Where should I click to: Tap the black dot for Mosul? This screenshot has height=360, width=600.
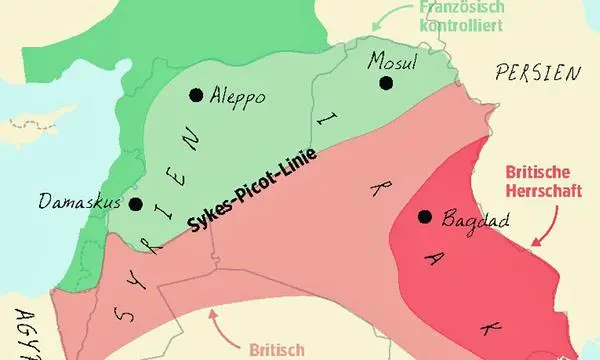tap(386, 82)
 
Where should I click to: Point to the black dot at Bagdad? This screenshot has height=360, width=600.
tap(425, 216)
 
